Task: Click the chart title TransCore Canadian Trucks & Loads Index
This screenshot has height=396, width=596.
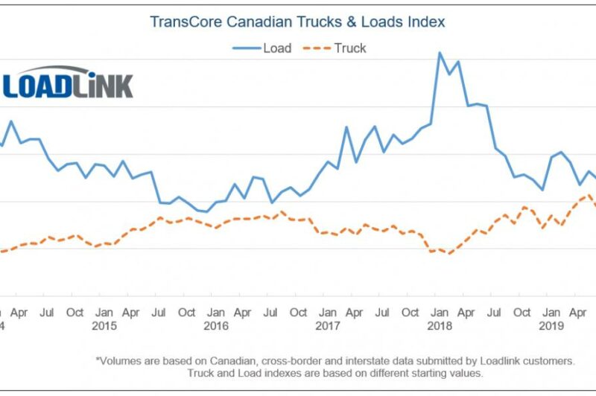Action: pos(297,22)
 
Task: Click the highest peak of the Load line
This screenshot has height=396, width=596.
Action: pos(440,53)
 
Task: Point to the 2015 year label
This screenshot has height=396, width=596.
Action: pos(104,326)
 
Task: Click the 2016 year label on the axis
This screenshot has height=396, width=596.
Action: pos(216,326)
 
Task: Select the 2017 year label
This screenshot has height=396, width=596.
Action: pos(327,326)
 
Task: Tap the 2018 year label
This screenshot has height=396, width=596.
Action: pos(439,326)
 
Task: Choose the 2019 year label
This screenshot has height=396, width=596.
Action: pos(551,326)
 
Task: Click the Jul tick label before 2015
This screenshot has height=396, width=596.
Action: pos(48,313)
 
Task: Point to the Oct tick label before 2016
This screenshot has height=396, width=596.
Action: pos(187,313)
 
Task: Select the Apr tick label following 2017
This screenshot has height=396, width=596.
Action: pos(355,313)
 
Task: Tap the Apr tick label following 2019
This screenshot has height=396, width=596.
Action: pos(578,313)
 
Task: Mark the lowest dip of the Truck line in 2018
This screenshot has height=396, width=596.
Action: pos(449,254)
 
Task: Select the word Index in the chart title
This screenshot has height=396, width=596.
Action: pos(425,22)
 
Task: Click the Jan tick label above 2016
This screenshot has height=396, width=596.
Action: pos(215,313)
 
